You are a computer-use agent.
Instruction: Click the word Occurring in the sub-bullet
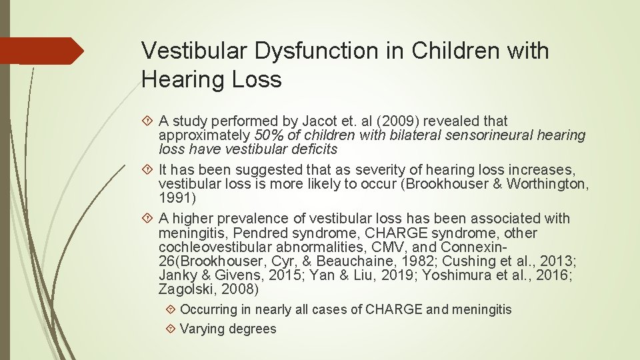[209, 309]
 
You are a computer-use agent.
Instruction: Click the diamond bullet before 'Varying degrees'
[172, 329]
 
